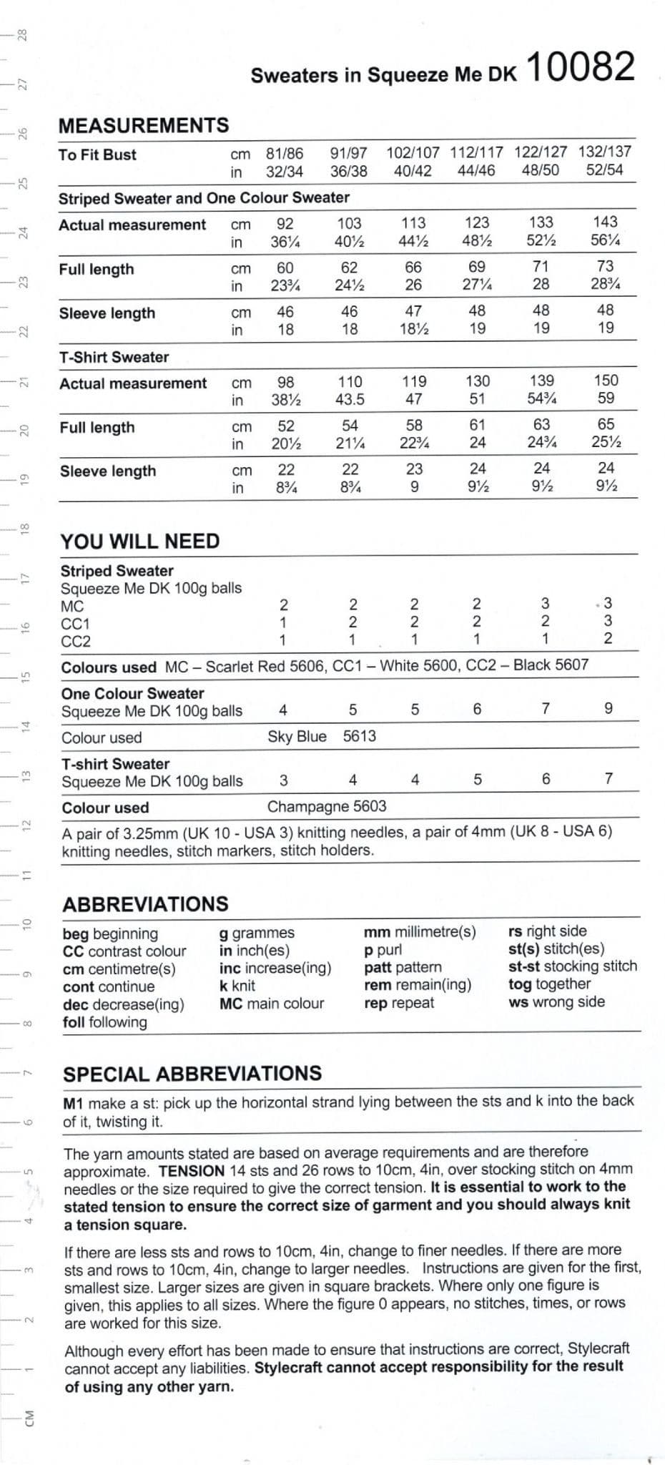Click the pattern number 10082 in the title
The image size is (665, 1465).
click(581, 67)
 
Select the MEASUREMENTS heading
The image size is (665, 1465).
click(144, 126)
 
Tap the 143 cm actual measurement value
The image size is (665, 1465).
click(605, 222)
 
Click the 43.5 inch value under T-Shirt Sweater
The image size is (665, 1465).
click(350, 399)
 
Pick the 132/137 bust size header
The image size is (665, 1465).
click(604, 152)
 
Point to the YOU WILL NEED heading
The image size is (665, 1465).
click(140, 541)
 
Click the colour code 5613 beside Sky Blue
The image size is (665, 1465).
click(359, 736)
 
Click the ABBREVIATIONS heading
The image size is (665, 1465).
click(146, 904)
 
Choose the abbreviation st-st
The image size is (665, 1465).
click(524, 966)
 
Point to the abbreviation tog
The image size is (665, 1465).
click(520, 984)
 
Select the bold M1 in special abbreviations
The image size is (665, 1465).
click(74, 1102)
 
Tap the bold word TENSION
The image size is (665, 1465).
click(192, 1171)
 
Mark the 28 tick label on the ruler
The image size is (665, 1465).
click(22, 34)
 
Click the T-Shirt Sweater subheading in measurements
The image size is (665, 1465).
click(114, 357)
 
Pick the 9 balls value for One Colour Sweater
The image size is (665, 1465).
click(609, 708)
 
